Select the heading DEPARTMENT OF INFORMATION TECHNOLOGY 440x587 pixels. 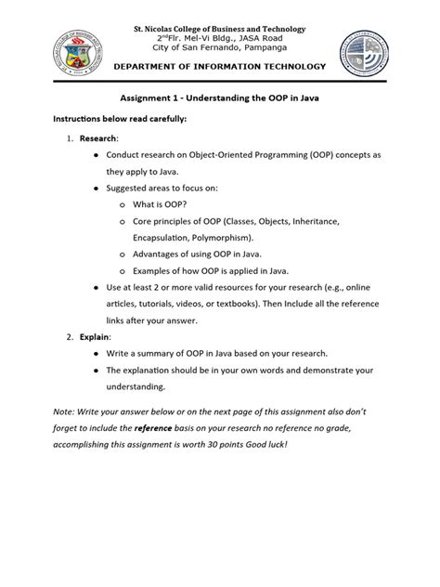220,67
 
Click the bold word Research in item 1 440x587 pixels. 98,137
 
